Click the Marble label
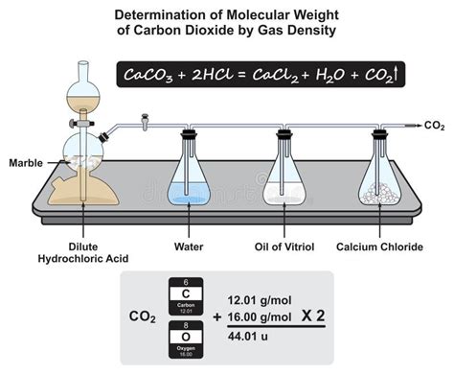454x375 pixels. click(23, 160)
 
